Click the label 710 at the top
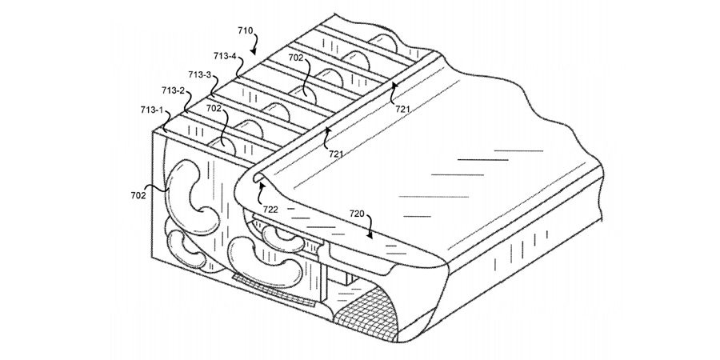(246, 30)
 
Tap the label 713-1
(152, 110)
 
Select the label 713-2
(173, 90)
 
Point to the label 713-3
(200, 74)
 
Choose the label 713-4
(225, 56)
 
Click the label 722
(270, 209)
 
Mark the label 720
(357, 214)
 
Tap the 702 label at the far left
(138, 195)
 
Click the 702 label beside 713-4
(296, 58)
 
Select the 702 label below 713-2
(214, 109)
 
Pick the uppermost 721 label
(402, 109)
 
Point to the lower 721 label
(336, 154)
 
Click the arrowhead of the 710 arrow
(253, 52)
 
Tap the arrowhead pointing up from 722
(262, 186)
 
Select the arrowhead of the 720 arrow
(370, 235)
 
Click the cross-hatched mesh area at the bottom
(367, 311)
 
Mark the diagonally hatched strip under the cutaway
(274, 290)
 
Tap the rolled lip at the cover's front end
(256, 175)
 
